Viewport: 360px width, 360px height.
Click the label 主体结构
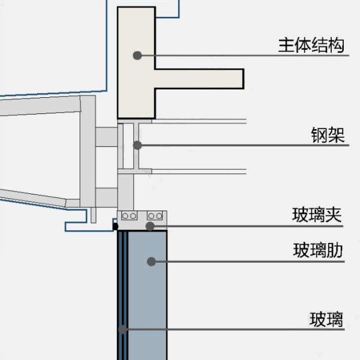click(x=311, y=45)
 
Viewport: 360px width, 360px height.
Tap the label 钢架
click(x=328, y=135)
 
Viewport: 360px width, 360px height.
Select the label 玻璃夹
click(x=317, y=215)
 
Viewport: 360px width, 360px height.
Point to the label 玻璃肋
click(x=318, y=250)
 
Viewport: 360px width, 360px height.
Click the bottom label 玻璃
click(x=326, y=319)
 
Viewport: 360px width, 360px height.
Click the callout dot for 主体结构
click(x=137, y=55)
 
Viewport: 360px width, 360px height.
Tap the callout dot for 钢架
click(x=137, y=145)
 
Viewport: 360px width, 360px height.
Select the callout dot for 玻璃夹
click(x=150, y=226)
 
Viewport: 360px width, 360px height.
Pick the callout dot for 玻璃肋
click(x=151, y=262)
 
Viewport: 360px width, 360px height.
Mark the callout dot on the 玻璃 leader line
click(x=123, y=329)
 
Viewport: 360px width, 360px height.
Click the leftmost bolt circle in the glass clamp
click(x=125, y=216)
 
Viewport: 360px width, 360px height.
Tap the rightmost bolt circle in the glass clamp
click(x=159, y=216)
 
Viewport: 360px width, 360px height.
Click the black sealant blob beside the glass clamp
click(x=115, y=226)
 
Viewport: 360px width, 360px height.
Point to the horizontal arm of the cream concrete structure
click(x=199, y=79)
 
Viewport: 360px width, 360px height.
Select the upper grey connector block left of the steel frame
click(x=107, y=137)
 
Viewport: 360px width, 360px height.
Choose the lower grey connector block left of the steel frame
click(x=107, y=197)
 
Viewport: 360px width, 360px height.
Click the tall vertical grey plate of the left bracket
click(x=88, y=151)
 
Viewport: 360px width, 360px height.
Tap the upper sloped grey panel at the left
click(x=40, y=106)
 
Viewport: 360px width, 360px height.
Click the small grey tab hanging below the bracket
click(x=93, y=215)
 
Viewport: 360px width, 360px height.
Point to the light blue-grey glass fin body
click(x=147, y=295)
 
